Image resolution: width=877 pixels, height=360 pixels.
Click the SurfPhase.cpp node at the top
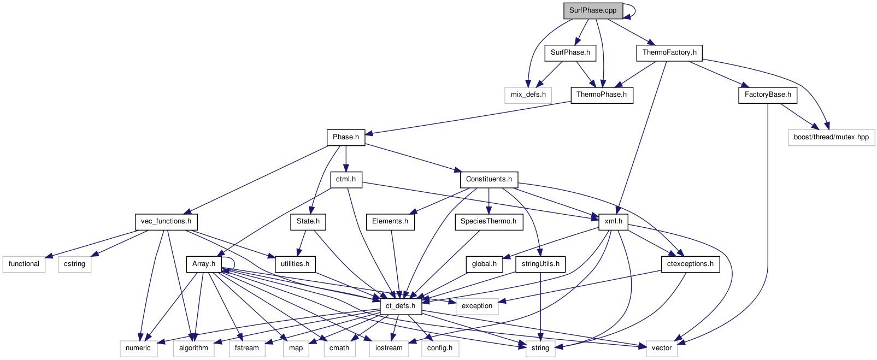(x=593, y=10)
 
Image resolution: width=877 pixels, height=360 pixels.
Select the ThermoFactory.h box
(x=669, y=52)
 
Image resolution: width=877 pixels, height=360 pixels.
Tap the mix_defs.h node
(x=528, y=95)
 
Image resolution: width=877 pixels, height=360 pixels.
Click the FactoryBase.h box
(x=768, y=95)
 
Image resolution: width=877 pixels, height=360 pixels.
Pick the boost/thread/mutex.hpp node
(x=831, y=137)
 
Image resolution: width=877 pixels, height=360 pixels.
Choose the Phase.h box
(x=346, y=137)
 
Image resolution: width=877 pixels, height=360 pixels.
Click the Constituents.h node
(x=488, y=179)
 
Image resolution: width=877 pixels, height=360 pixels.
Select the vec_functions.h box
(x=166, y=221)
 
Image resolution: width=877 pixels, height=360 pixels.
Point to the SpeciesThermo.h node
(x=488, y=221)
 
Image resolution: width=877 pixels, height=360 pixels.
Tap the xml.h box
(x=614, y=221)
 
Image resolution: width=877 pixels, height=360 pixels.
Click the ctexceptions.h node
(x=690, y=264)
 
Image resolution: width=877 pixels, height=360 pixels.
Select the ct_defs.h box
(x=400, y=306)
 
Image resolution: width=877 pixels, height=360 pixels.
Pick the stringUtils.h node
(x=540, y=264)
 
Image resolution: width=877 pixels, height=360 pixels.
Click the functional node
(x=24, y=264)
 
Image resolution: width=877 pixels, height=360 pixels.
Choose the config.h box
(x=440, y=348)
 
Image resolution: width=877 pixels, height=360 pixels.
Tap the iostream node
(x=389, y=348)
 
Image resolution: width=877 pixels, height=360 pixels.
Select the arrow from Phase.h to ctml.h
(x=346, y=158)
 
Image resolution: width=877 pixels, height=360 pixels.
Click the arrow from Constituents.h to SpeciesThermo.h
(x=488, y=200)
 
